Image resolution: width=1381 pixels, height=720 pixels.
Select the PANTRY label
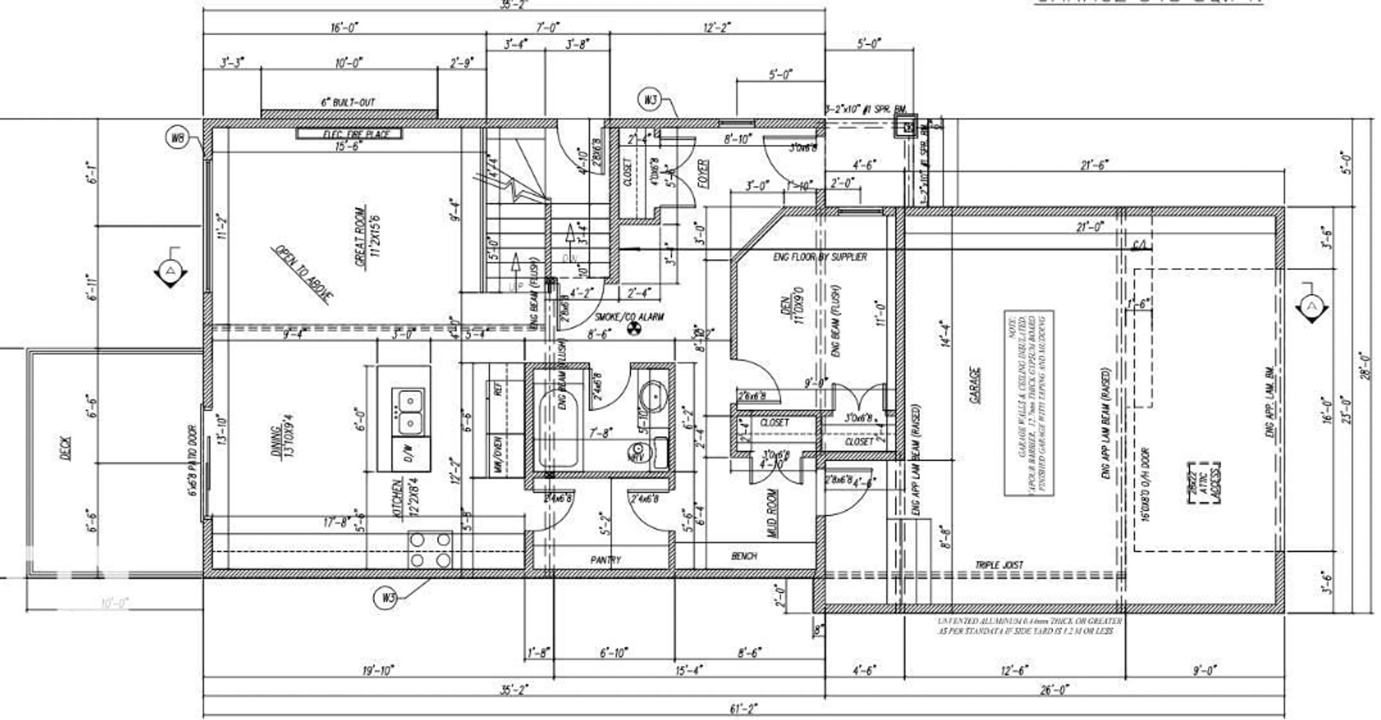[x=605, y=559]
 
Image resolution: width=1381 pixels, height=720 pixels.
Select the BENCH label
[x=744, y=556]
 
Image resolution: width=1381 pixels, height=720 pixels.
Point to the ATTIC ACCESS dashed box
[x=1205, y=483]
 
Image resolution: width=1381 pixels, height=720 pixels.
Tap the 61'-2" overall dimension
[x=744, y=709]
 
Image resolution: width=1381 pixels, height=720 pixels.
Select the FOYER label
[x=704, y=173]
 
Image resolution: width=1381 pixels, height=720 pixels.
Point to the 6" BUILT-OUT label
[x=348, y=102]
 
